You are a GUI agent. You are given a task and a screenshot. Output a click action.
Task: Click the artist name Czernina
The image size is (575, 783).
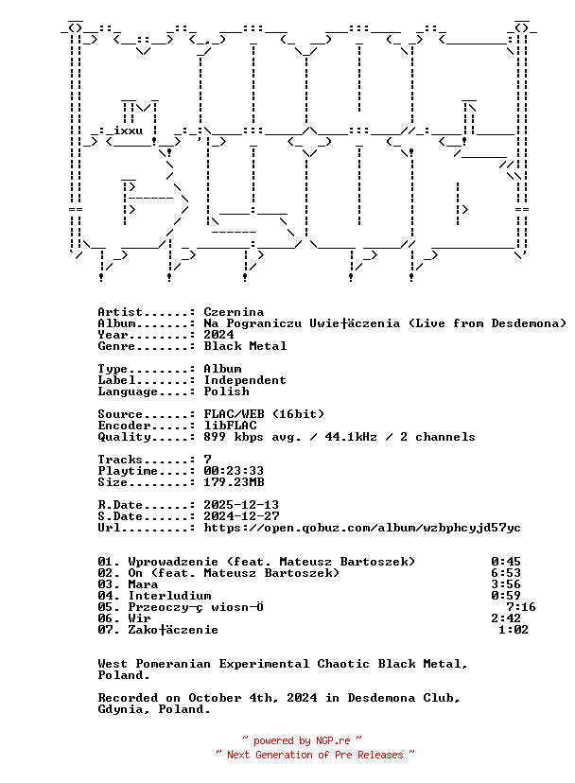pyautogui.click(x=234, y=312)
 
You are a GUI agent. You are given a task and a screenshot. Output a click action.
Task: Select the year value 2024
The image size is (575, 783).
pyautogui.click(x=218, y=335)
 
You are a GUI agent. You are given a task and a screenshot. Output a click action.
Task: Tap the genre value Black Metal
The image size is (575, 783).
pyautogui.click(x=245, y=346)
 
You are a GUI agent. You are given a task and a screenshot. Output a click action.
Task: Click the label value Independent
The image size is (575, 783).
pyautogui.click(x=245, y=380)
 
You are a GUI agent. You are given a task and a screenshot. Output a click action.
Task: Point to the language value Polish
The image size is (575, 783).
pyautogui.click(x=226, y=391)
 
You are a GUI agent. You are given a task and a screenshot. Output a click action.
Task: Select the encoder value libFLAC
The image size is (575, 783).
pyautogui.click(x=230, y=426)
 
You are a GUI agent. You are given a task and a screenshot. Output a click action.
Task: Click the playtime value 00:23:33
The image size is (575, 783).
pyautogui.click(x=234, y=471)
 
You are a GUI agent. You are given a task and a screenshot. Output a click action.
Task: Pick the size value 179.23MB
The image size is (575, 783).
pyautogui.click(x=234, y=482)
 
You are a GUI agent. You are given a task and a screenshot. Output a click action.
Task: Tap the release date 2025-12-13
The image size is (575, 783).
pyautogui.click(x=241, y=505)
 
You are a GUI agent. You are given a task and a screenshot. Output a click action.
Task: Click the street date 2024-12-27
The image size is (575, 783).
pyautogui.click(x=241, y=516)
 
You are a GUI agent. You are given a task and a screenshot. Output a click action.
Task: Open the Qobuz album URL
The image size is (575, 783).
pyautogui.click(x=362, y=528)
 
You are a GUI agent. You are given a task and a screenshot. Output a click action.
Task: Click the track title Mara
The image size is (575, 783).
pyautogui.click(x=143, y=584)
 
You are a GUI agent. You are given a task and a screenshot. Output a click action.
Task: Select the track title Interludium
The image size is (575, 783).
pyautogui.click(x=169, y=596)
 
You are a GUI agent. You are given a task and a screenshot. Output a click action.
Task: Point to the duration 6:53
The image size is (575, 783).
pyautogui.click(x=506, y=573)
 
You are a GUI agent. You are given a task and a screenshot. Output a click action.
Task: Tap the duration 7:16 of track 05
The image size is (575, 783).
pyautogui.click(x=521, y=607)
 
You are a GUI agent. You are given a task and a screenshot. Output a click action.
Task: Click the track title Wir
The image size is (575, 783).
pyautogui.click(x=139, y=618)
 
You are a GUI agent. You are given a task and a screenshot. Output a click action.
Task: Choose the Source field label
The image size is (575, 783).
pyautogui.click(x=120, y=414)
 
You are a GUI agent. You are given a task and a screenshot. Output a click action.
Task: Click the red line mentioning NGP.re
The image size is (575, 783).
pyautogui.click(x=303, y=741)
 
